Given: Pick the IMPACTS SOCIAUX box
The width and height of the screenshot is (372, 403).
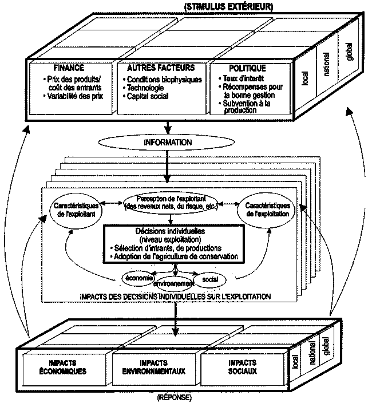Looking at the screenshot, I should pos(243,368).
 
